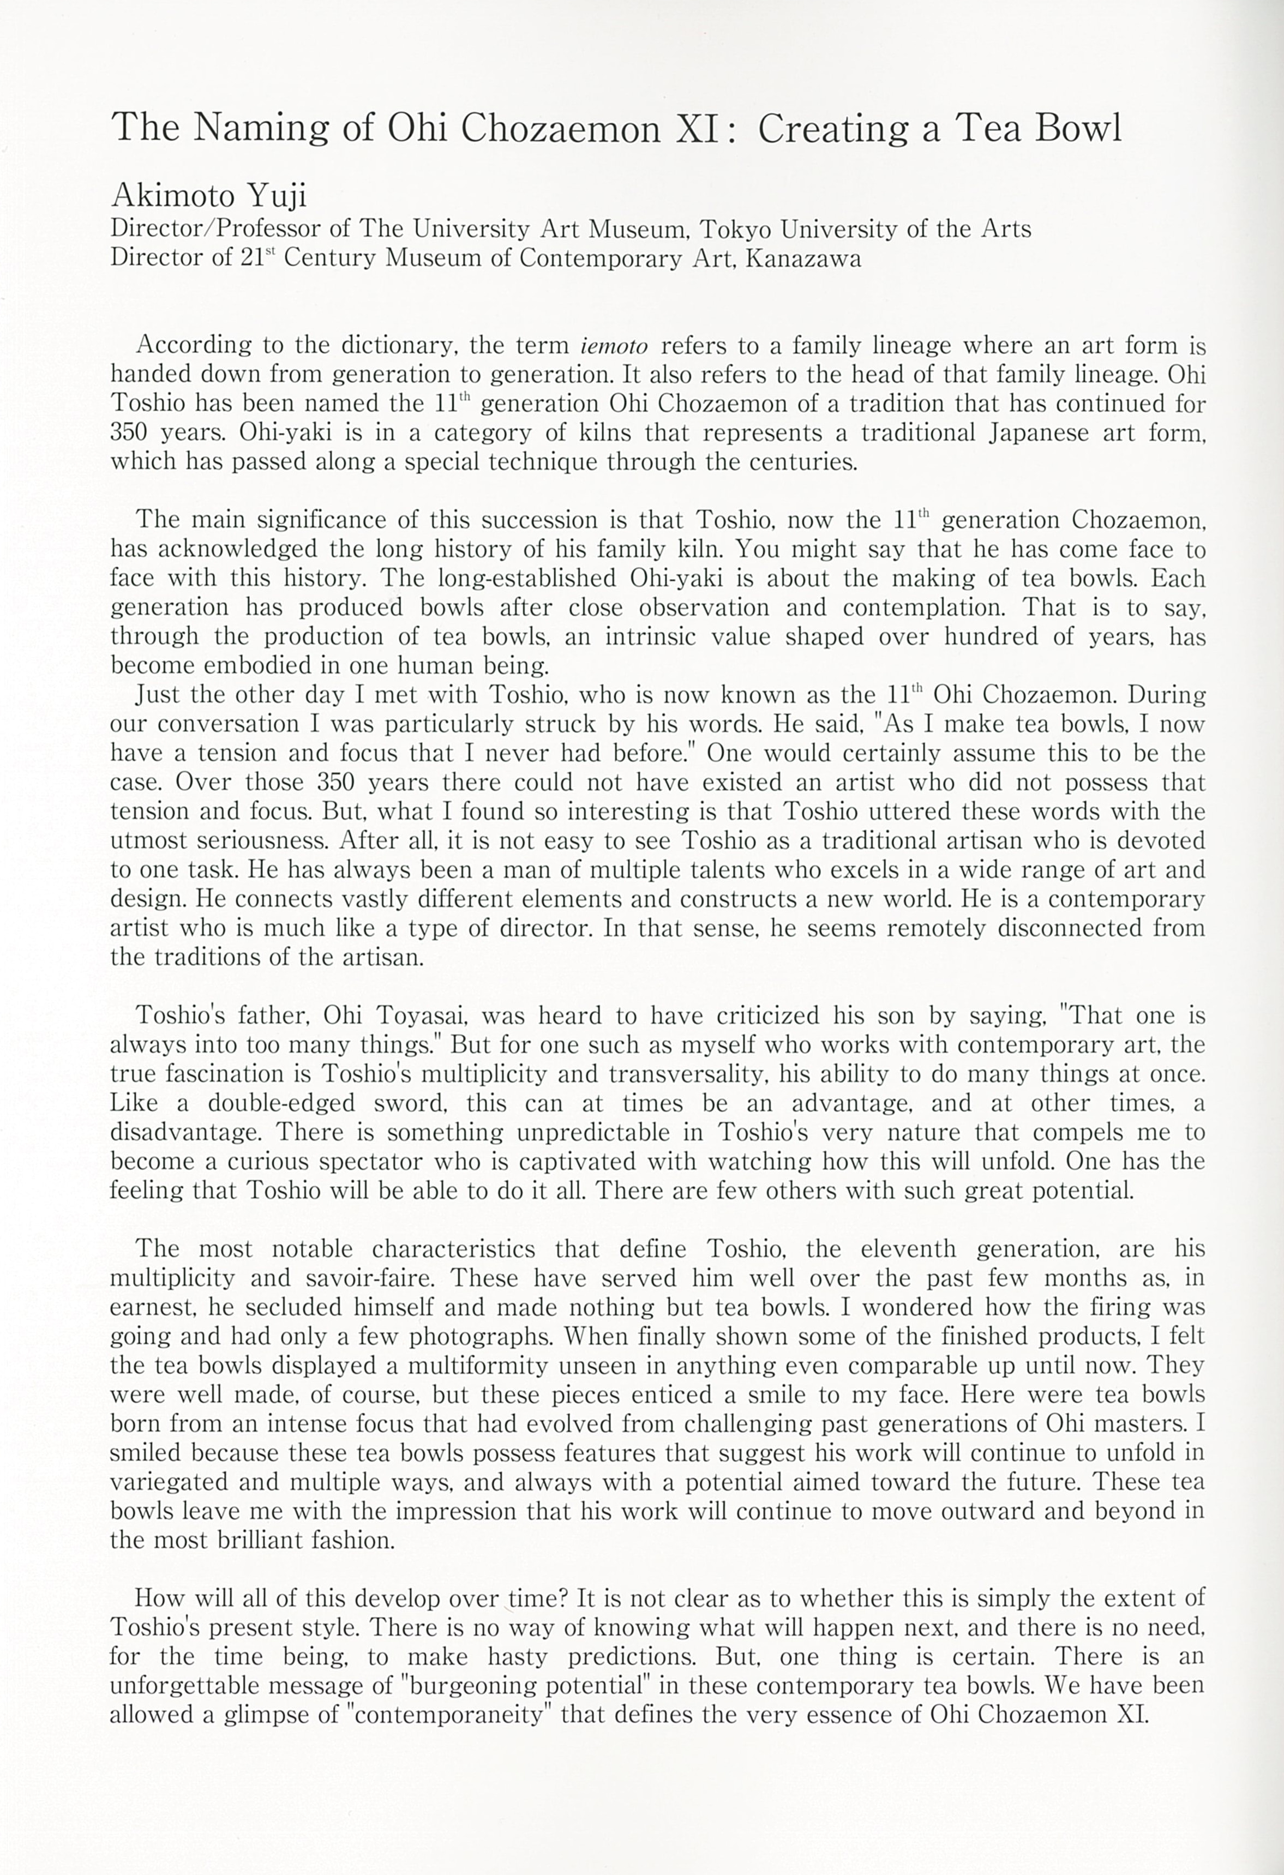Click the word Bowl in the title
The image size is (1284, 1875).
point(1078,128)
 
